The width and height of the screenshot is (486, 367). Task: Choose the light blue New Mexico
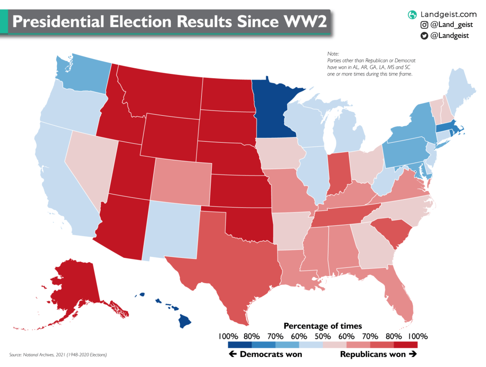pyautogui.click(x=173, y=230)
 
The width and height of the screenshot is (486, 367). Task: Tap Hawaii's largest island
pyautogui.click(x=184, y=322)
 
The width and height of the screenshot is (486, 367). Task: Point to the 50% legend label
pyautogui.click(x=323, y=336)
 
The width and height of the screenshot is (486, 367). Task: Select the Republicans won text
pyautogui.click(x=373, y=354)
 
